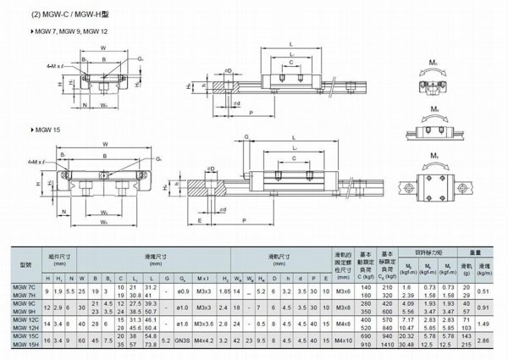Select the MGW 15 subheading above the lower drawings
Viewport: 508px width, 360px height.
pos(44,128)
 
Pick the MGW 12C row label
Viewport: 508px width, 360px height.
pos(23,321)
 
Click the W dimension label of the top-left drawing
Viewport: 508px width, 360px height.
pos(102,48)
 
